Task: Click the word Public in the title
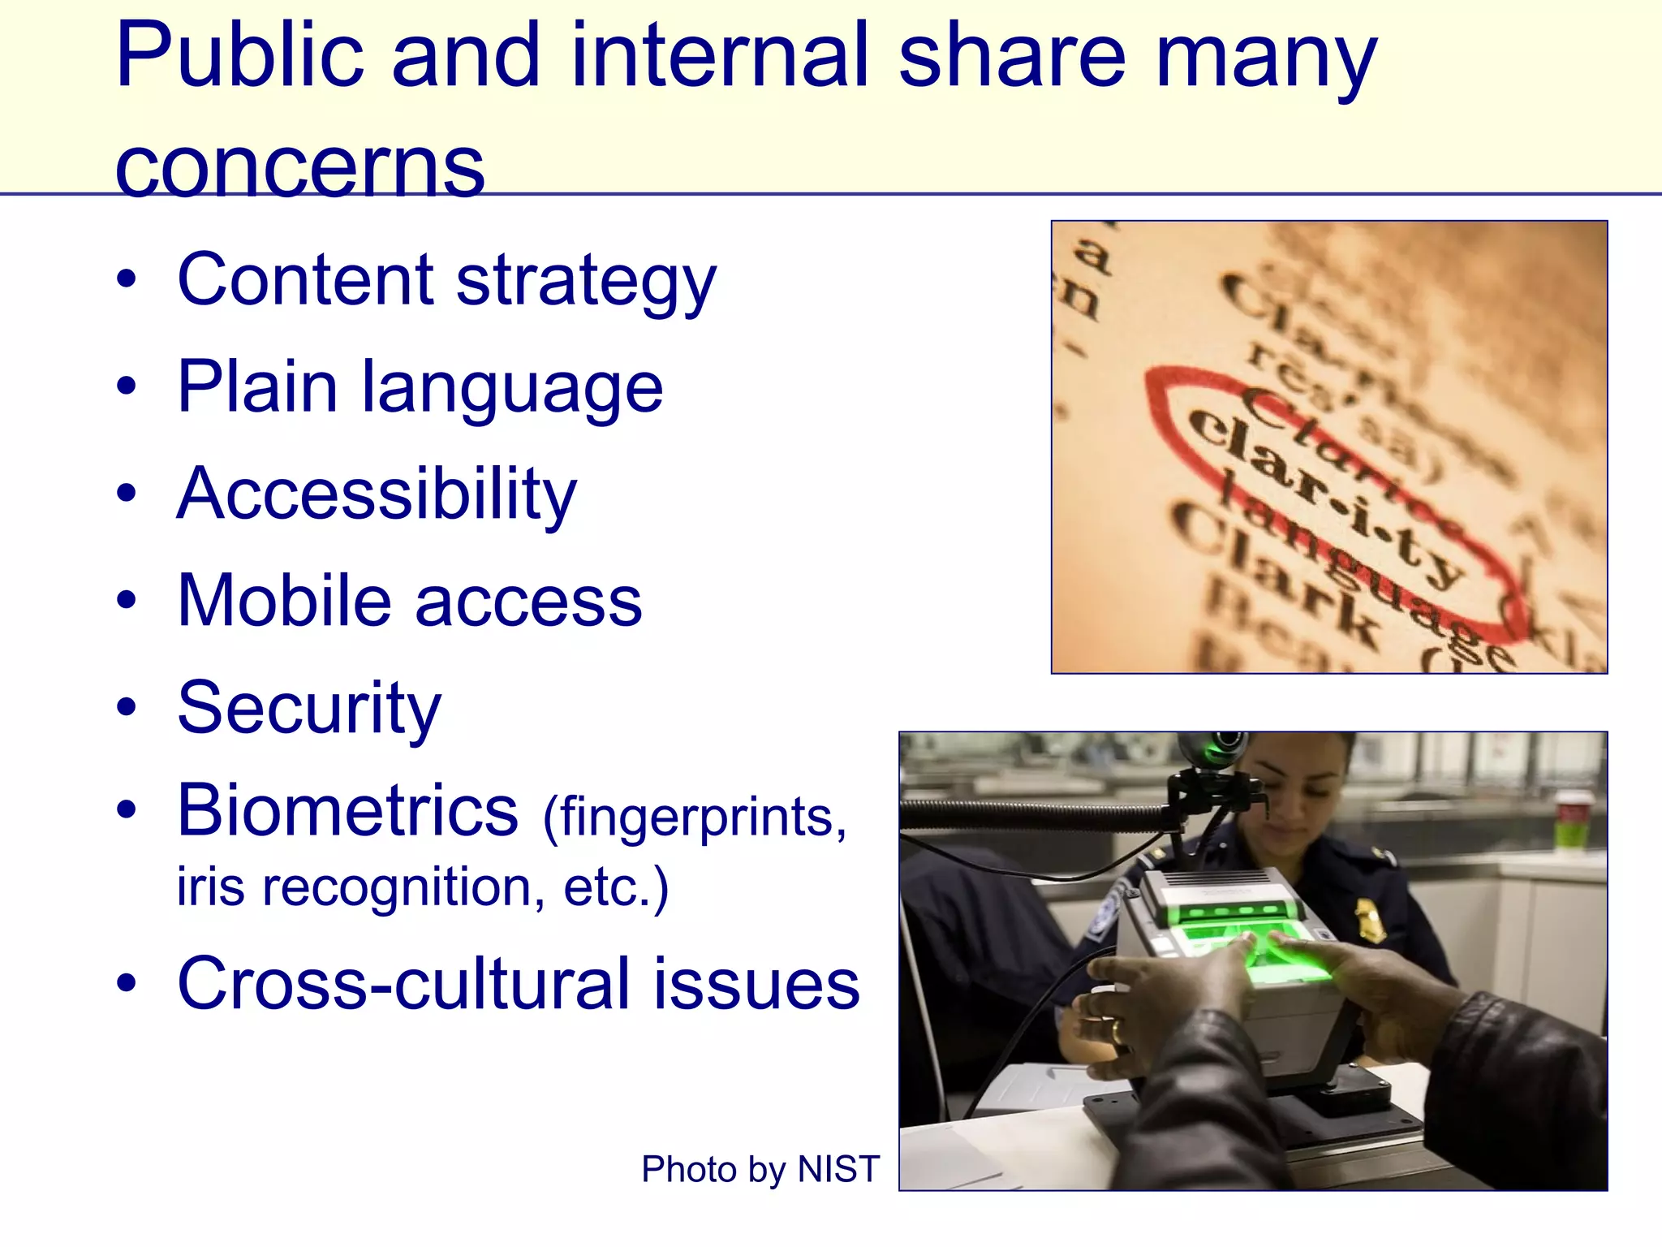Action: [240, 57]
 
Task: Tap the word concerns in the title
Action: [300, 167]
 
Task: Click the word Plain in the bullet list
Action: [257, 388]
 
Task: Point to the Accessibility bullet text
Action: [377, 495]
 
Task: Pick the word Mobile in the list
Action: [285, 602]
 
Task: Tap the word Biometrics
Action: [347, 811]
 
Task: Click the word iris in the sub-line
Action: [210, 887]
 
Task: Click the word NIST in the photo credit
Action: [838, 1170]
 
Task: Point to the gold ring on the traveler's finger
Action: [1117, 1032]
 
